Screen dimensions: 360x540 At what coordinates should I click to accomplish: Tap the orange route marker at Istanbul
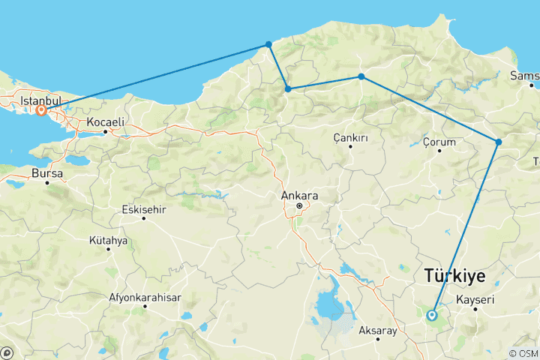pos(41,110)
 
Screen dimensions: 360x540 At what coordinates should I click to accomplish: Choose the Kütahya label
pos(108,241)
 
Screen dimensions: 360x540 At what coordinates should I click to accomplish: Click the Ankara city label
pos(298,196)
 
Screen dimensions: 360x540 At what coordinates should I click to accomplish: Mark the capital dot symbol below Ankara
pos(298,205)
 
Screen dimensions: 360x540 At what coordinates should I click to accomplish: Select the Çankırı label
pos(350,137)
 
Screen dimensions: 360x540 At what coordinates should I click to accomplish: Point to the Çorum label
pos(439,141)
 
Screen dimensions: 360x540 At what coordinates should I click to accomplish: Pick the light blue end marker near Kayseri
pos(432,315)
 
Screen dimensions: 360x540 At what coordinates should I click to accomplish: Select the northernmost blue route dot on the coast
pos(268,45)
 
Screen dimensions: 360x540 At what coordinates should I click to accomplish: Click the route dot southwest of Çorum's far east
pos(499,142)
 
